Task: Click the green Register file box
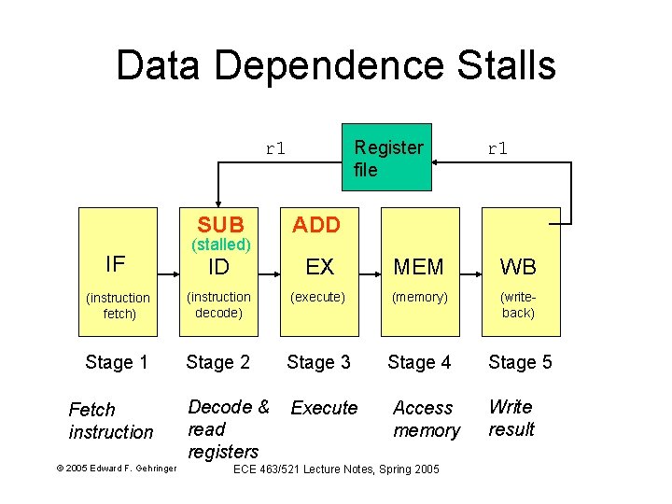[x=386, y=158]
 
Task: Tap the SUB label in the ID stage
[x=221, y=225]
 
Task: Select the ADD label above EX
[x=317, y=225]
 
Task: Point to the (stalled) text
[x=221, y=245]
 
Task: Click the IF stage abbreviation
[x=116, y=264]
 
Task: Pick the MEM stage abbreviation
[x=419, y=267]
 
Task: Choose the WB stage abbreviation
[x=518, y=267]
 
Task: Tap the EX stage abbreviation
[x=319, y=267]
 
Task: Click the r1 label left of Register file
[x=275, y=147]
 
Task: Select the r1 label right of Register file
[x=497, y=147]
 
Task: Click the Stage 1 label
[x=117, y=362]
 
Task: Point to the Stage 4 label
[x=419, y=362]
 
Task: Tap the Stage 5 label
[x=520, y=362]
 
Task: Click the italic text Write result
[x=511, y=418]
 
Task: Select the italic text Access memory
[x=426, y=419]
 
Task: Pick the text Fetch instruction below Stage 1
[x=110, y=421]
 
